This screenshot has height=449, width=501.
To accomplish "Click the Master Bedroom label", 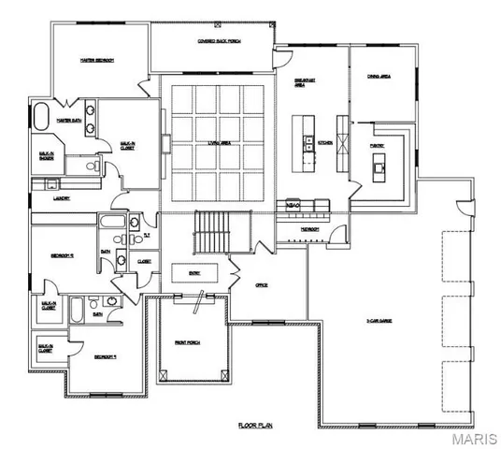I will click(95, 60).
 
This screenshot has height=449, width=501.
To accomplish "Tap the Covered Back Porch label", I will click(214, 41).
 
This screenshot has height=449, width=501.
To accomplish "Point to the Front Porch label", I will click(193, 342).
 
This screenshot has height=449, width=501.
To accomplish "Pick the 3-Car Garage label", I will click(379, 321).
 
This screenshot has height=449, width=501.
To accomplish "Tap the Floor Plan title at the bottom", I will click(253, 424).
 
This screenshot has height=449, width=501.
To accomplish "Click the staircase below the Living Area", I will click(210, 231).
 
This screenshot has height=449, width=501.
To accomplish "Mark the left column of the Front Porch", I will click(165, 374).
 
